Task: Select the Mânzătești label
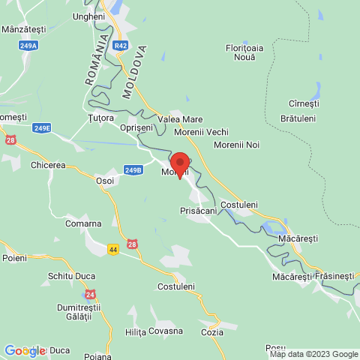tap(24, 29)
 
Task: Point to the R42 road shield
tap(121, 46)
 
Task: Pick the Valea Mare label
tap(181, 118)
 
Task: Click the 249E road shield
tap(42, 128)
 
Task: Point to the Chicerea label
tap(48, 164)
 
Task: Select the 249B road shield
tap(133, 170)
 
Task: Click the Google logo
tap(25, 350)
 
